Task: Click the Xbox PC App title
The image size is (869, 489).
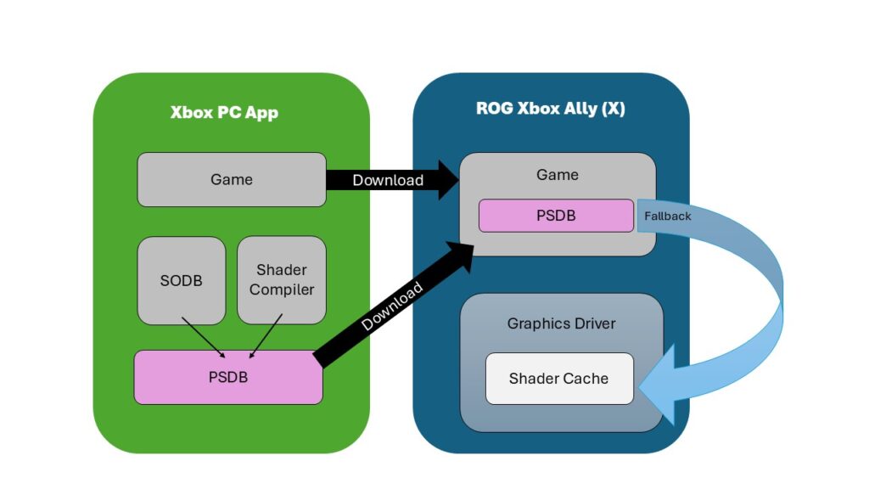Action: pos(224,112)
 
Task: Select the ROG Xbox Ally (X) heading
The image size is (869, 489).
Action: pos(550,109)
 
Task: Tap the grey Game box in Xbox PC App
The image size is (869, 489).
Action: pos(232,179)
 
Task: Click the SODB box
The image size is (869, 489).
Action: pos(181,280)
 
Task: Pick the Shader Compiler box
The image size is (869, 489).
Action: pos(281,280)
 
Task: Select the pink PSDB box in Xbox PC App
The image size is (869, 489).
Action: pos(228,377)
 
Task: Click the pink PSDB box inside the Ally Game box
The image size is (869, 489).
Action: pos(556,216)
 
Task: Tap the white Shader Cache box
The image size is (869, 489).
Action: pos(558,379)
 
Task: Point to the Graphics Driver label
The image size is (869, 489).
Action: pos(561,323)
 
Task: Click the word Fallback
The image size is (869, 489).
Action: pos(667,216)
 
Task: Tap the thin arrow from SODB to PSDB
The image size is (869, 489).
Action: pos(203,337)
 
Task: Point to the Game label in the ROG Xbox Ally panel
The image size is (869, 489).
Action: pos(558,175)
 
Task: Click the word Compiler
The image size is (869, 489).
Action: pos(282,290)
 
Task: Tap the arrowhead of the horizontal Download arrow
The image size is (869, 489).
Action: pos(447,180)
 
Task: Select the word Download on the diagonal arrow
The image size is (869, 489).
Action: pos(391,306)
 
